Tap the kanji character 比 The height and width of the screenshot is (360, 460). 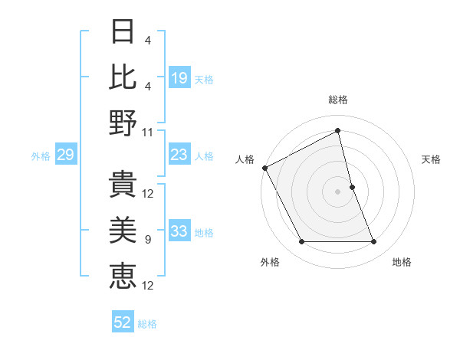123,76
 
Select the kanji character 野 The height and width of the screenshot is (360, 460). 123,122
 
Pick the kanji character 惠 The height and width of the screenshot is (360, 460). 123,274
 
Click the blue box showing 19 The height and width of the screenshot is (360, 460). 179,77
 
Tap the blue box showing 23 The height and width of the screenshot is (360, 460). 179,155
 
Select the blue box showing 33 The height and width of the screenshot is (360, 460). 179,232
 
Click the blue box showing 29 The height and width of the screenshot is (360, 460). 65,155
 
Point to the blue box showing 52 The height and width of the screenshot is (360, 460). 123,323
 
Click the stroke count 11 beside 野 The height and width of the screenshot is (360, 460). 148,132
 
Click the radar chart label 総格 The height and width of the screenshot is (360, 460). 337,100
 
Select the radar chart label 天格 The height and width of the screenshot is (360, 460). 432,159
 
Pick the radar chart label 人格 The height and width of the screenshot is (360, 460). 245,159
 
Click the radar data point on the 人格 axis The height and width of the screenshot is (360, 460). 264,167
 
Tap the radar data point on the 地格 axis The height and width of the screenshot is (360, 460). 373,241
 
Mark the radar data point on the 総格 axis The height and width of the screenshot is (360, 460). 337,131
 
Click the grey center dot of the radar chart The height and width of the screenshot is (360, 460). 337,191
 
